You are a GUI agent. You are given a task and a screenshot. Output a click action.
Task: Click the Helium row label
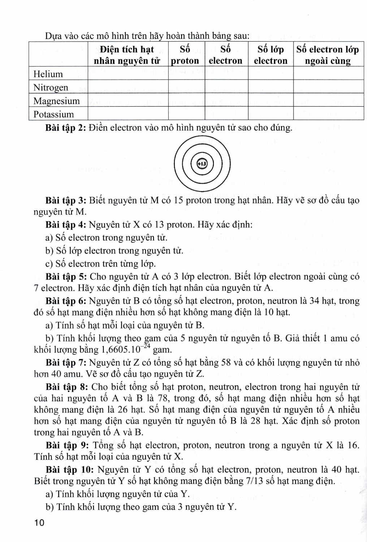click(x=48, y=74)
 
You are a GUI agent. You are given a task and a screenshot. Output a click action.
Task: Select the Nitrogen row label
click(x=51, y=87)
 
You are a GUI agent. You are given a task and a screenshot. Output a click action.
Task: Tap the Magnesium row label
click(x=56, y=101)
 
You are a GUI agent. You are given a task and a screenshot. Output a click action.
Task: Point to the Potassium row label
click(x=53, y=114)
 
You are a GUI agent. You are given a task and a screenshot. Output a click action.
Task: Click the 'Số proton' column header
click(x=185, y=55)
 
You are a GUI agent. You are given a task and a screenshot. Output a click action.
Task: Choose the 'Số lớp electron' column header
click(x=271, y=55)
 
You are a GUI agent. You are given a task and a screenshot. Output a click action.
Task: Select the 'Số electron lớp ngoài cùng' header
click(x=328, y=55)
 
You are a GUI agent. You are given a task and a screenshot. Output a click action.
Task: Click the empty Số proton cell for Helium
click(x=186, y=74)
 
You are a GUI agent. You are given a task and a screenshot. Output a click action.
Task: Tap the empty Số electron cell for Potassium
click(x=226, y=114)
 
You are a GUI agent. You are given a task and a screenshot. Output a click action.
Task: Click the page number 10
click(x=39, y=523)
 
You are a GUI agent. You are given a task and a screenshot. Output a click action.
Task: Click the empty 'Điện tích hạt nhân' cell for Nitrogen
click(x=128, y=87)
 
